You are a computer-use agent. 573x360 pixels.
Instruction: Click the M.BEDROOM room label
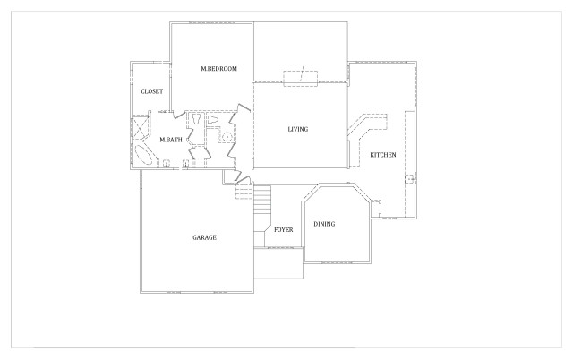point(218,69)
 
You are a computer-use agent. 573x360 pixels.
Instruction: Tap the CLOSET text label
point(152,91)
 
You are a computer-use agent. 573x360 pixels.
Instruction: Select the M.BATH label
point(171,140)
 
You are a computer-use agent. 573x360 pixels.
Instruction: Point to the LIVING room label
point(298,129)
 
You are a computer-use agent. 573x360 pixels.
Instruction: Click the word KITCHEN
point(383,155)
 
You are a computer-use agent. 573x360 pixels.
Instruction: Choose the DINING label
point(324,224)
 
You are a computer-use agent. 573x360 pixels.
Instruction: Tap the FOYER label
point(284,230)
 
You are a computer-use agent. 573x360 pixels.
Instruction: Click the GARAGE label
point(205,237)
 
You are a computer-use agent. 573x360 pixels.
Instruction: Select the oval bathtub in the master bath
point(143,155)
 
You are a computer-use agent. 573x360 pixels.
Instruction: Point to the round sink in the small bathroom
point(227,137)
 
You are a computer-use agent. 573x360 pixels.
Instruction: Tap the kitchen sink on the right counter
point(410,179)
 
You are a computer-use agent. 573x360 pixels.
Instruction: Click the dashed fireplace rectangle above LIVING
point(301,78)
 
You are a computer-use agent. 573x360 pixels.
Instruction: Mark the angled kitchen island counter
point(367,126)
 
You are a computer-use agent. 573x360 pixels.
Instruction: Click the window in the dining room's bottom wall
point(338,262)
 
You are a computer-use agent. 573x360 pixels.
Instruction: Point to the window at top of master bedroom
point(212,23)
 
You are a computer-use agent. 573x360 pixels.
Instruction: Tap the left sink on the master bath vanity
point(167,163)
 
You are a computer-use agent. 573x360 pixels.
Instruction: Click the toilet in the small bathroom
point(212,119)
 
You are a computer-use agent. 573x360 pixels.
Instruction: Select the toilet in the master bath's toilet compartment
point(196,119)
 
